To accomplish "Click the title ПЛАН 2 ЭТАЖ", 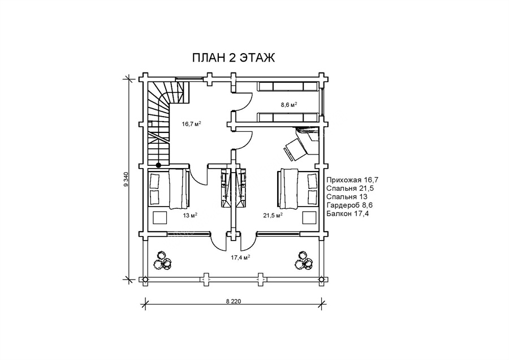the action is (x=234, y=58).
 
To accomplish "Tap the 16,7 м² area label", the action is (x=191, y=123).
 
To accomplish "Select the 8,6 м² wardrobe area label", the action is (x=289, y=105).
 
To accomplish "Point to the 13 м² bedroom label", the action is (x=191, y=215).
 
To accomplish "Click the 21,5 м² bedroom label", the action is (x=273, y=215).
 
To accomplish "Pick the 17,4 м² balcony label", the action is (x=240, y=258).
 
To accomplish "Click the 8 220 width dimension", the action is (x=234, y=301).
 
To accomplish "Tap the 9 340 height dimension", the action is (x=126, y=179).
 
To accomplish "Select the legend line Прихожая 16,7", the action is (x=352, y=180).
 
